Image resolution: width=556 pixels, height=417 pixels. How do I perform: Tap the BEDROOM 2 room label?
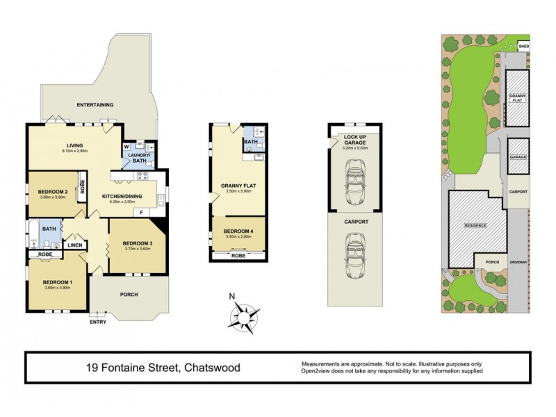52,193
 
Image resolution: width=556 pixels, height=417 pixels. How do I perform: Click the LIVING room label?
74,145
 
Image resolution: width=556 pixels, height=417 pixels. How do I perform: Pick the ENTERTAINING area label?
95,105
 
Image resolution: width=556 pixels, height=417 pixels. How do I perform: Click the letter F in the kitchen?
142,212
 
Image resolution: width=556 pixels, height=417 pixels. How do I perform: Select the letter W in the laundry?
126,147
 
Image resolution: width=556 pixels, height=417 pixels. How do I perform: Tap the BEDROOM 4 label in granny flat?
239,231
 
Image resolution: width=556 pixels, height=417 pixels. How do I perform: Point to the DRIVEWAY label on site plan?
518,263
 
